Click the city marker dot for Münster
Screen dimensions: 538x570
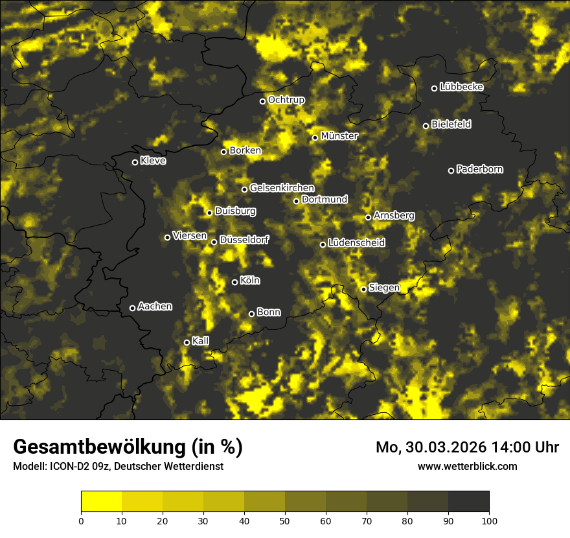[x=315, y=137]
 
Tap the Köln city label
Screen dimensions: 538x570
[x=250, y=281]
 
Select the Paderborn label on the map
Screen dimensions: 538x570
[x=480, y=169]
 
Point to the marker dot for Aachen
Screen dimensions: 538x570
[x=133, y=308]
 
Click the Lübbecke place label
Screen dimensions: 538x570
[x=462, y=87]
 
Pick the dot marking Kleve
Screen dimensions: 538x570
[x=135, y=162]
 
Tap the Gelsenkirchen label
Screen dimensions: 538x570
[x=282, y=188]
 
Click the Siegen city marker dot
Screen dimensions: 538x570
[x=364, y=289]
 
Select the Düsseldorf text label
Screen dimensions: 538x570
[x=244, y=240]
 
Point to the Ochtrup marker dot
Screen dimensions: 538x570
[x=263, y=101]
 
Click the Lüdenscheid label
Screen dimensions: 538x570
[x=357, y=243]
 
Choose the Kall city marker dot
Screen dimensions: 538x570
[x=187, y=342]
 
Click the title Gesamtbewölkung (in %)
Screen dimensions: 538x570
[x=128, y=447]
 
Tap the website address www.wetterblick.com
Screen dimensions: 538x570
[x=468, y=466]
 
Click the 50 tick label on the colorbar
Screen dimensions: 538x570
[x=285, y=520]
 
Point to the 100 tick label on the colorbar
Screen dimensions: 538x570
[x=489, y=520]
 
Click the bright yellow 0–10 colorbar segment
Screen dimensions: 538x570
[x=102, y=502]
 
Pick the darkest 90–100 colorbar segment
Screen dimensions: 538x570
[x=468, y=502]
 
